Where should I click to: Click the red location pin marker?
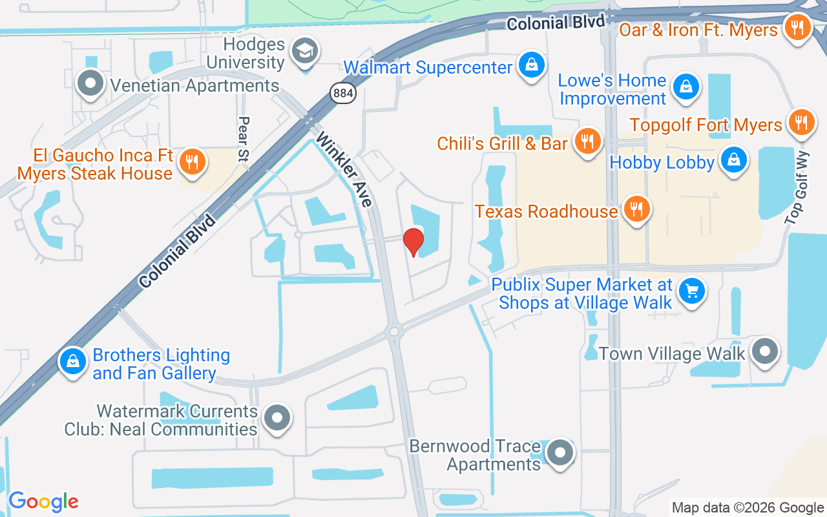click(x=413, y=242)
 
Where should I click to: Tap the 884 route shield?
click(x=342, y=93)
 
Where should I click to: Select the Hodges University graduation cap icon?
click(x=304, y=51)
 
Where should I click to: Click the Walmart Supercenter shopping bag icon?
click(x=530, y=65)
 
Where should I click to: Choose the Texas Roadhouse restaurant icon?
click(x=636, y=209)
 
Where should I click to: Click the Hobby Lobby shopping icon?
click(x=733, y=159)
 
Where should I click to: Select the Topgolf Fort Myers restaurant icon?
click(x=801, y=121)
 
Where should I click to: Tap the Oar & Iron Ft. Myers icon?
click(x=797, y=28)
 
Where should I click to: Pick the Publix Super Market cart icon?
click(x=692, y=291)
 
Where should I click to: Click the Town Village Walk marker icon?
click(x=765, y=352)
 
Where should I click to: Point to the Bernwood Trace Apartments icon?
click(x=559, y=453)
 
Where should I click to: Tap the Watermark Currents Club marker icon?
click(x=277, y=417)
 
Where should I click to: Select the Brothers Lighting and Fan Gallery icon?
click(x=74, y=362)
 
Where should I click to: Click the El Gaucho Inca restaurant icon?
click(x=191, y=162)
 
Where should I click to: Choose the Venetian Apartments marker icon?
click(x=91, y=83)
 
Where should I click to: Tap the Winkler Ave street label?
click(x=345, y=169)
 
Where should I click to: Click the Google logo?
click(x=43, y=501)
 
